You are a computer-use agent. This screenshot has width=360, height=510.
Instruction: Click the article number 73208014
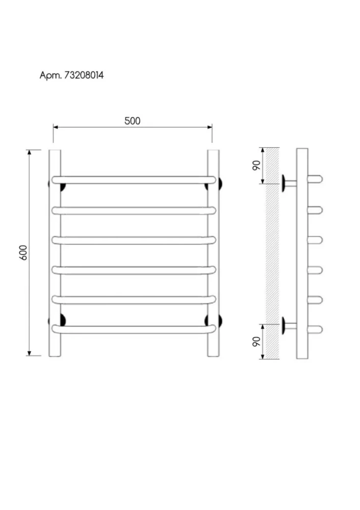click(84, 75)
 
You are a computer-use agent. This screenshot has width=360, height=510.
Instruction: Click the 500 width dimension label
click(133, 121)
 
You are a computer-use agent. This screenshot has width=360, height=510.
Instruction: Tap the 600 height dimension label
click(23, 252)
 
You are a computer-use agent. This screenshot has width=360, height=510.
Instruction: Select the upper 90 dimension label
click(256, 165)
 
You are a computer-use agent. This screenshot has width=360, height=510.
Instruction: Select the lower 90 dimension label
click(256, 342)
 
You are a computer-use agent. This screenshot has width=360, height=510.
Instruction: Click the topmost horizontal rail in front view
click(133, 180)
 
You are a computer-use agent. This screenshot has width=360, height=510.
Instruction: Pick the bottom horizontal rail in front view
click(133, 329)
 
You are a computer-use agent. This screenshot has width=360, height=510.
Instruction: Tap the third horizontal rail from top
click(133, 240)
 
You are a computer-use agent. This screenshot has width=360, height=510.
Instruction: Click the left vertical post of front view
click(55, 253)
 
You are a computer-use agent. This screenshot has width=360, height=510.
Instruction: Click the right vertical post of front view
click(213, 253)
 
